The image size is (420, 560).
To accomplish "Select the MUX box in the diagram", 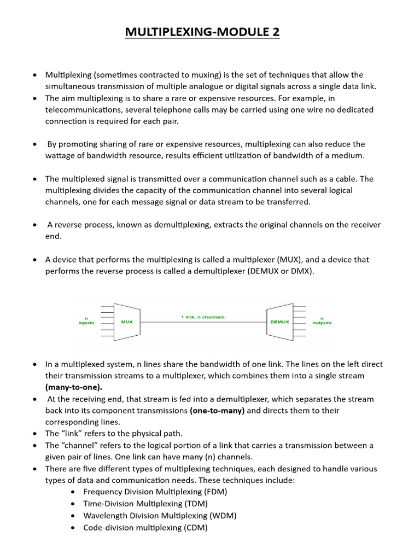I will [126, 322].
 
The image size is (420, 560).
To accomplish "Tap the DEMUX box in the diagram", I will [279, 322].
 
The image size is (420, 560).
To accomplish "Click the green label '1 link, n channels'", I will [202, 317].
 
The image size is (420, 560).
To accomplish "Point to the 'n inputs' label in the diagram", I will [86, 320].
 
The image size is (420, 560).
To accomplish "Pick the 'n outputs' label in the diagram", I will [322, 320].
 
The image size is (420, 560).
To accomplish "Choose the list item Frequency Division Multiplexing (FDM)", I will [155, 492].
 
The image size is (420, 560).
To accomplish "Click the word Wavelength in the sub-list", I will [105, 516].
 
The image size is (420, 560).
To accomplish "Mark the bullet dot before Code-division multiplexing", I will [73, 528].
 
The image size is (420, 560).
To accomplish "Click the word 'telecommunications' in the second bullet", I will [83, 109].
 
